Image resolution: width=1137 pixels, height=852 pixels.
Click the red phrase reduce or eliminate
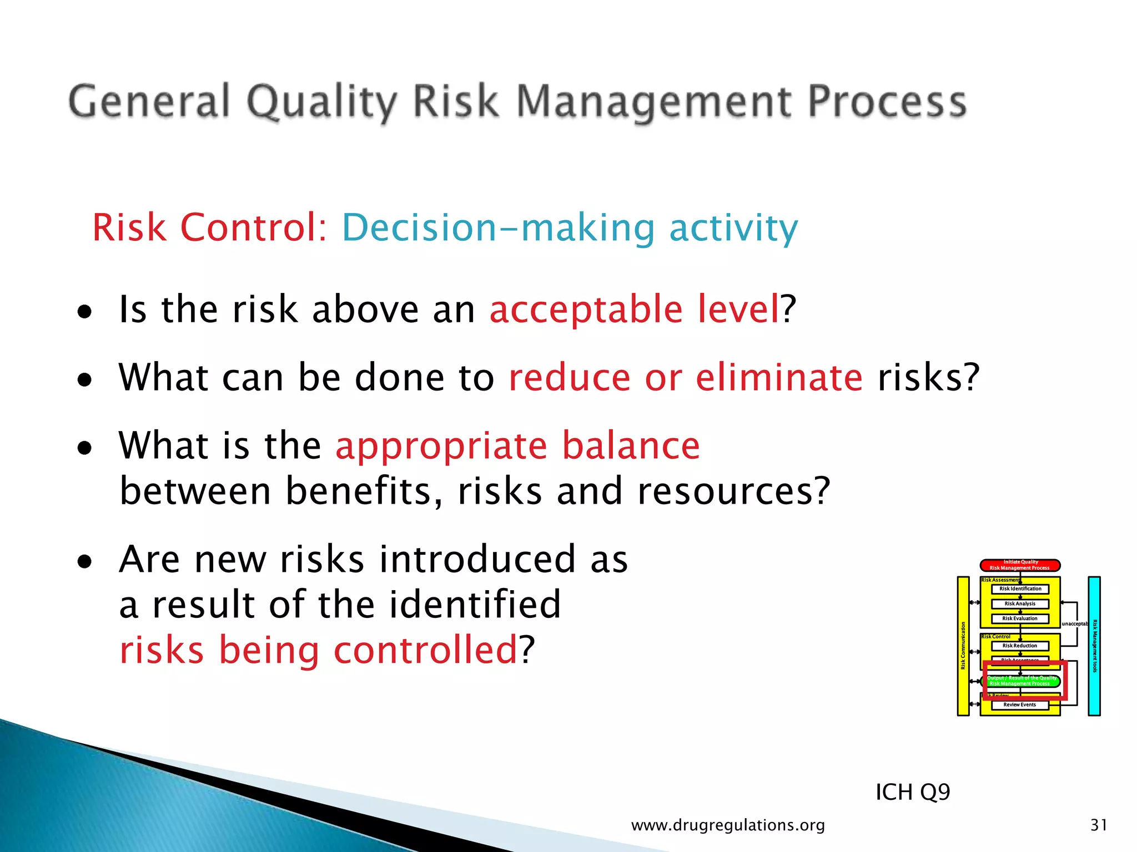pyautogui.click(x=686, y=378)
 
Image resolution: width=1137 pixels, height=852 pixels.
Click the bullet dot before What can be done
pyautogui.click(x=84, y=380)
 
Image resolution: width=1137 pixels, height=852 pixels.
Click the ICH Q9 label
pyautogui.click(x=913, y=792)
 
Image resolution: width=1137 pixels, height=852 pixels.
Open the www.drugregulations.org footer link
pyautogui.click(x=728, y=825)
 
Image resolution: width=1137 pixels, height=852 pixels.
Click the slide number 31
pyautogui.click(x=1099, y=825)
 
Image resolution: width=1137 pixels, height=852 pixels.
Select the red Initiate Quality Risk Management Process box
pyautogui.click(x=1020, y=565)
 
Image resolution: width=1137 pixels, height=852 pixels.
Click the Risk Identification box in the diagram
pyautogui.click(x=1020, y=589)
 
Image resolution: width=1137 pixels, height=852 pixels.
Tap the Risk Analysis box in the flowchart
pyautogui.click(x=1020, y=604)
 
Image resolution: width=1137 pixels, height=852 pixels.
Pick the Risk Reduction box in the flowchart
pyautogui.click(x=1020, y=646)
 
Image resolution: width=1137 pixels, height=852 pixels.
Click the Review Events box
pyautogui.click(x=1020, y=705)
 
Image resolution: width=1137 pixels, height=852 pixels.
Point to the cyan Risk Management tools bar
pyautogui.click(x=1094, y=646)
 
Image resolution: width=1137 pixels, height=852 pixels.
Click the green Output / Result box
pyautogui.click(x=1022, y=681)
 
